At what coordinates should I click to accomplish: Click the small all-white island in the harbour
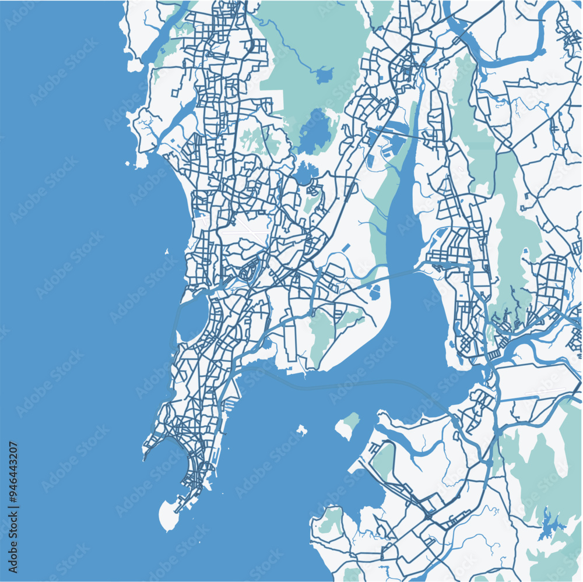(x=301, y=431)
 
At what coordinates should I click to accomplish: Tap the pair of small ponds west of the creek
(x=374, y=291)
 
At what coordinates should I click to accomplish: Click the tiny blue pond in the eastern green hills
(x=525, y=252)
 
